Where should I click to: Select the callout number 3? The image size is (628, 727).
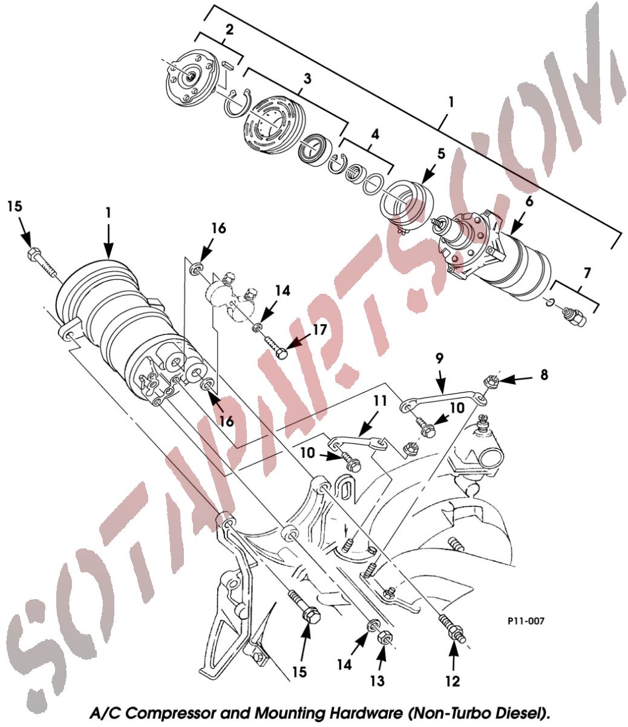[x=307, y=79]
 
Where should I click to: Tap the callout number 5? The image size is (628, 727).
[x=441, y=153]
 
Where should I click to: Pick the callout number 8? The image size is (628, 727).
[x=544, y=375]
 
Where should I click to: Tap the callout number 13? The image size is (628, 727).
[x=377, y=681]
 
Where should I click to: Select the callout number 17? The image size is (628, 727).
[x=319, y=330]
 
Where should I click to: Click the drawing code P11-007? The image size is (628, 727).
[x=526, y=621]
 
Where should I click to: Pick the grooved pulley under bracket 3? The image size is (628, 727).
[x=270, y=126]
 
